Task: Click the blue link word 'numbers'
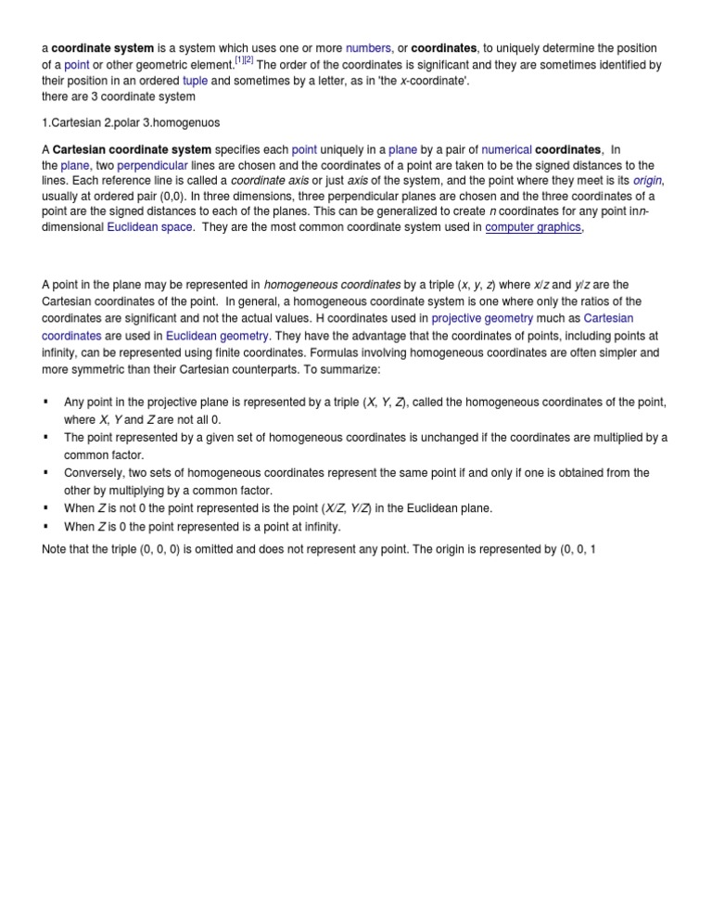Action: pos(368,47)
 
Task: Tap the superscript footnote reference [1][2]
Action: pos(244,61)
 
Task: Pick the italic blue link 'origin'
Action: pos(648,179)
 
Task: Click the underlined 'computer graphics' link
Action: pos(533,226)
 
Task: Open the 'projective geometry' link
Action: pos(482,319)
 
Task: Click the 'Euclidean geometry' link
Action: pos(217,336)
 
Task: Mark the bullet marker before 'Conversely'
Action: pos(45,472)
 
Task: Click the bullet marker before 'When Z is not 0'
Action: pos(45,507)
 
